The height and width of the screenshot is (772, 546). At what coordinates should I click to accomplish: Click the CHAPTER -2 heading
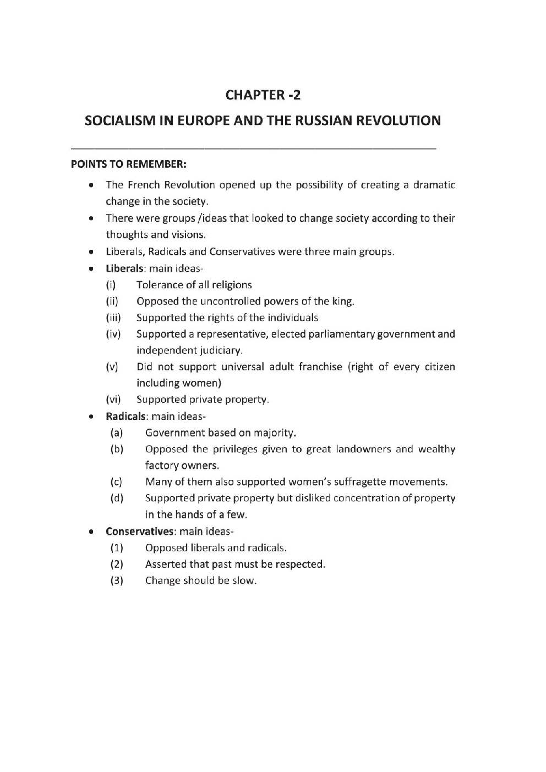tap(263, 95)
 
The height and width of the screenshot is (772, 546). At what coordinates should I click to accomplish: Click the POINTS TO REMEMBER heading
tap(129, 165)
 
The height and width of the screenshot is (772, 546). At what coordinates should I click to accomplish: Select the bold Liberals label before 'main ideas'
tap(124, 269)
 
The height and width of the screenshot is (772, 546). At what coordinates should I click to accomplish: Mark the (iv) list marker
tap(113, 334)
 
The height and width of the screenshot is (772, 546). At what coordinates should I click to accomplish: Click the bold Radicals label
tap(125, 417)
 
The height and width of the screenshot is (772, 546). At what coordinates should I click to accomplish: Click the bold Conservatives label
tap(140, 532)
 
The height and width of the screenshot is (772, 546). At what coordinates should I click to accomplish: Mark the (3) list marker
tap(117, 581)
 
